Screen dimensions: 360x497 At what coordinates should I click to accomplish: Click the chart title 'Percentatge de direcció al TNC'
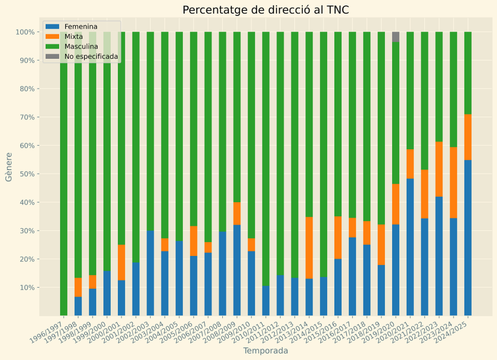265,10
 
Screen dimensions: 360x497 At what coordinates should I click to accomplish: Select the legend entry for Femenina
81,26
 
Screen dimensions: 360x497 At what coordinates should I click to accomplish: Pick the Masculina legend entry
81,47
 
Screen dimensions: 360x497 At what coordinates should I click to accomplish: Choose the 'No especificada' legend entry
91,57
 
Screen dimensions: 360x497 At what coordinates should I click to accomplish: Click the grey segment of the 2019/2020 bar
396,37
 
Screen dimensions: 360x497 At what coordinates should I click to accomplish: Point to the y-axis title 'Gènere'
9,167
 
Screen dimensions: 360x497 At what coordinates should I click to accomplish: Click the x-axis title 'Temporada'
265,351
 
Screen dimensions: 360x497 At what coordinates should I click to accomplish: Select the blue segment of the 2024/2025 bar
468,238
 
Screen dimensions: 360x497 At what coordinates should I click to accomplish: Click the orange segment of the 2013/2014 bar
309,248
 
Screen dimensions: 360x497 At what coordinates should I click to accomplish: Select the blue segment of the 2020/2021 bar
410,247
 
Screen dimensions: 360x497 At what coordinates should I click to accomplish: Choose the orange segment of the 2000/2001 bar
121,262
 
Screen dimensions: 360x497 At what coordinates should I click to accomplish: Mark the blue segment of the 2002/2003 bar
150,273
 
